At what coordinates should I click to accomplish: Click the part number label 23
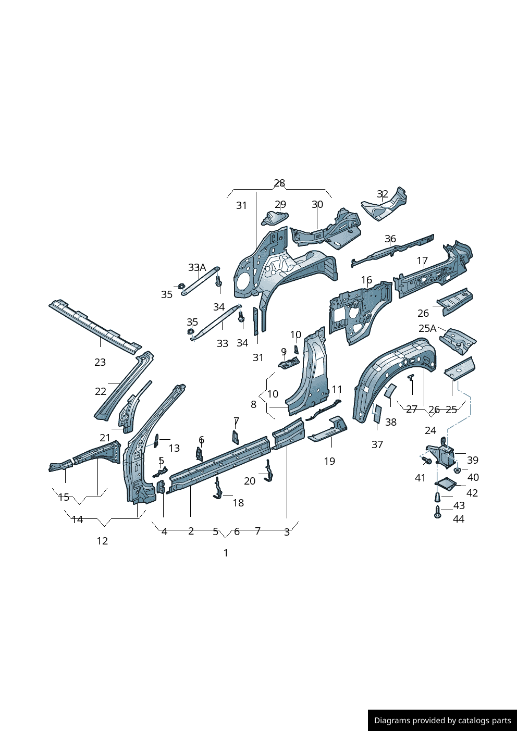(100, 362)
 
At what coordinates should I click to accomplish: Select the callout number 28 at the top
(279, 183)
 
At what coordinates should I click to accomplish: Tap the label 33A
(197, 268)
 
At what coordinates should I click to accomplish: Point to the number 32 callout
(383, 195)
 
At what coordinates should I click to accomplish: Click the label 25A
(427, 329)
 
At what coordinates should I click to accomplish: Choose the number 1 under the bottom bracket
(226, 553)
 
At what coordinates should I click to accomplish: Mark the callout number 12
(102, 541)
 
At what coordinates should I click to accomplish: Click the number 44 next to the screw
(459, 519)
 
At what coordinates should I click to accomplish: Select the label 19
(329, 461)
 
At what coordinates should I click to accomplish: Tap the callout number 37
(377, 444)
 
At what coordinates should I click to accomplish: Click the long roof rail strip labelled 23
(94, 325)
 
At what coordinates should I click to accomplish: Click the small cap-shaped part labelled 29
(275, 218)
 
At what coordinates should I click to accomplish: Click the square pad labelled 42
(445, 484)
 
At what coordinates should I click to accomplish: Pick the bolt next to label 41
(427, 461)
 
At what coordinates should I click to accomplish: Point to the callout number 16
(366, 280)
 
